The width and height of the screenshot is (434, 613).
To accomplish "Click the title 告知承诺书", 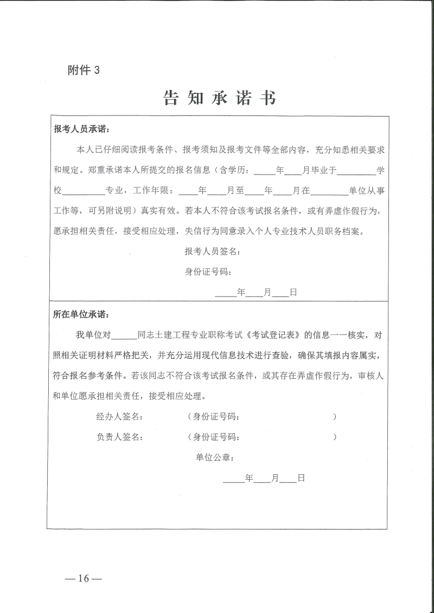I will tap(219, 98).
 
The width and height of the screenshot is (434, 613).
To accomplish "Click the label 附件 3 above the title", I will tap(84, 70).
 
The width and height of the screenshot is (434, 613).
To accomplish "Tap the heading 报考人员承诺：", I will tap(81, 130).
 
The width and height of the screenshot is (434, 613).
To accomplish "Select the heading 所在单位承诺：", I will tap(81, 314).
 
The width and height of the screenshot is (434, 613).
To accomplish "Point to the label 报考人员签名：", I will tap(212, 251).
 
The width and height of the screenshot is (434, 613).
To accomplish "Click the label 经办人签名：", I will tap(120, 417).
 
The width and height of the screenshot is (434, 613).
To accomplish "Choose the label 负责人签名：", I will tap(120, 437).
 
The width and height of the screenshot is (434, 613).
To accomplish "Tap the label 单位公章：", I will tap(215, 457).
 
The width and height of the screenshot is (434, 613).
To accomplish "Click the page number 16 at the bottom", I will tap(83, 578).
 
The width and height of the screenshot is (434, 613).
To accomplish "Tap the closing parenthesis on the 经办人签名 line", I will tap(335, 417).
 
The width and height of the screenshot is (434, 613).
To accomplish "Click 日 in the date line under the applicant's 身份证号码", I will tap(293, 292).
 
